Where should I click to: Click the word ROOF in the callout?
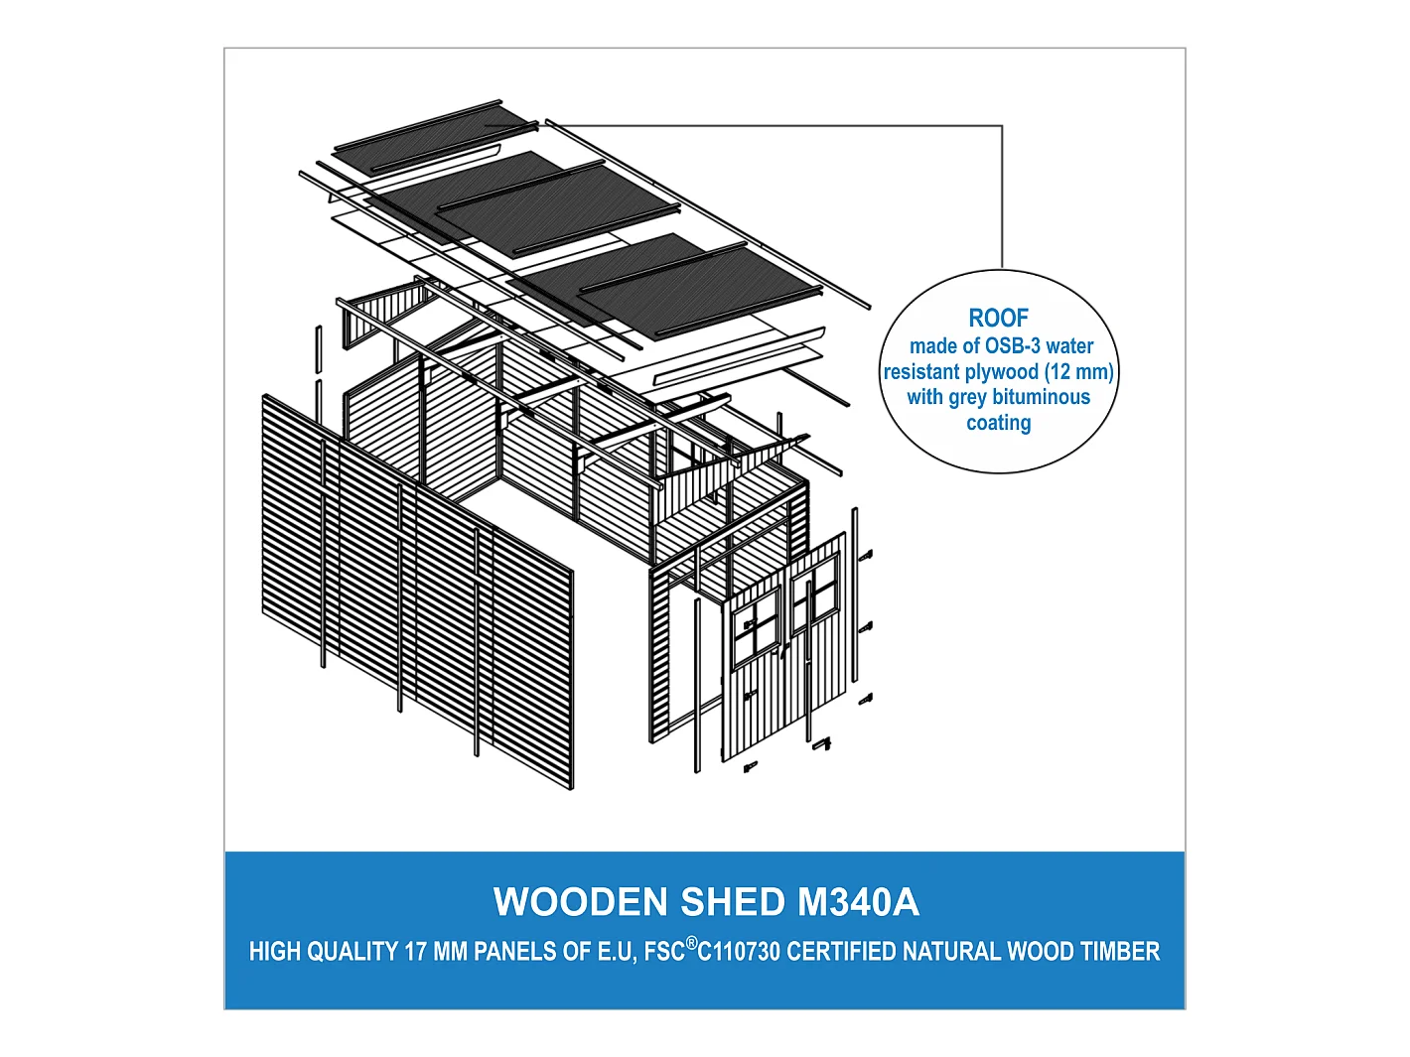pos(998,318)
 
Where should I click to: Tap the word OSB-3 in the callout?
pos(1013,346)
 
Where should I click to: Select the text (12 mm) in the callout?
pos(1078,372)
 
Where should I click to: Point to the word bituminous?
pos(1041,397)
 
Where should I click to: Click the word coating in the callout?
pos(998,423)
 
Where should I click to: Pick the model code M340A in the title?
pos(858,902)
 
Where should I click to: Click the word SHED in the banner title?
pos(733,902)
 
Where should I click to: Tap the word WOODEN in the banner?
pos(581,902)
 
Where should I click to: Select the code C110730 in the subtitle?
pos(739,952)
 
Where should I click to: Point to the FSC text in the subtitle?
pos(664,952)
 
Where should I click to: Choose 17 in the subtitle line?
pos(415,952)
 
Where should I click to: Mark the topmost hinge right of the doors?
pos(866,555)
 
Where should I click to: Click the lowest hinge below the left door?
pos(751,766)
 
